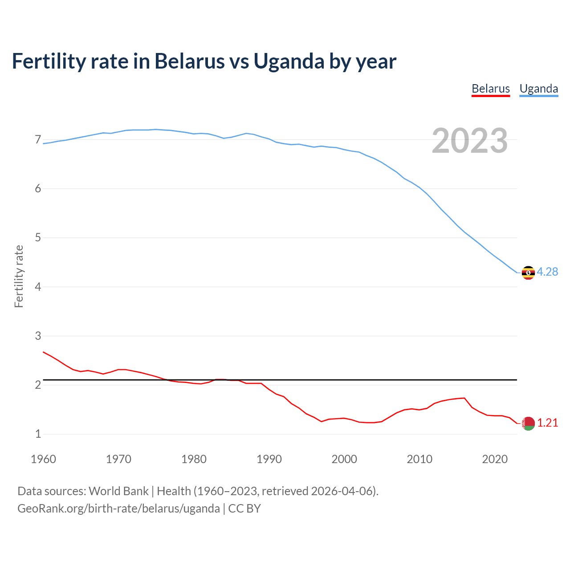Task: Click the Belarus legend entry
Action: point(490,89)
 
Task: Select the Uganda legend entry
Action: point(538,89)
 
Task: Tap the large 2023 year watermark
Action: point(469,141)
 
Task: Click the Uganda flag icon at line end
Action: point(528,273)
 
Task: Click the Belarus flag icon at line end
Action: point(528,423)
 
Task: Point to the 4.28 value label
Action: point(547,272)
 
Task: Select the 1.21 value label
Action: point(547,423)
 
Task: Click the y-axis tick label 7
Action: point(38,140)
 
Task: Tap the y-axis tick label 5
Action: point(38,238)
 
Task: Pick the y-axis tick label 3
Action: point(38,336)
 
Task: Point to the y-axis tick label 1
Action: point(38,434)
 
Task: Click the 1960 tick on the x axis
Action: point(43,459)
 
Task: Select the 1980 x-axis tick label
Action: point(194,459)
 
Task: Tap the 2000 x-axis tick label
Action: point(344,459)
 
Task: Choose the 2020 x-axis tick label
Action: point(495,459)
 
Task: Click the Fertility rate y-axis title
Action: point(19,276)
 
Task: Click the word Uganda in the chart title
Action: point(289,61)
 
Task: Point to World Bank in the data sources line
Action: point(118,491)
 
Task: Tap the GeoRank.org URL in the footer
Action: point(118,509)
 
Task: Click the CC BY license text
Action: point(244,509)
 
